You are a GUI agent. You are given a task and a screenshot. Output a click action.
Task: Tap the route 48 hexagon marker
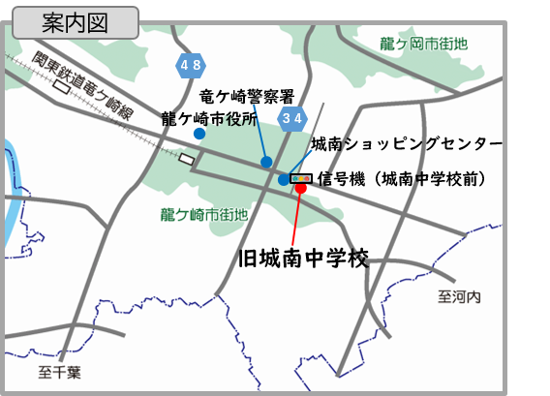click(x=190, y=65)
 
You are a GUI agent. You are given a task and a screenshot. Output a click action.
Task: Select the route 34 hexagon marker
click(x=292, y=118)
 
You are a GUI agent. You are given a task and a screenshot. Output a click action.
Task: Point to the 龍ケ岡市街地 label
click(x=423, y=44)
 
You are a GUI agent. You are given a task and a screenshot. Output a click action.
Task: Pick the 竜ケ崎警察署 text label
click(x=246, y=97)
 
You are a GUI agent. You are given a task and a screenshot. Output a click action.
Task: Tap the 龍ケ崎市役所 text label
click(x=209, y=119)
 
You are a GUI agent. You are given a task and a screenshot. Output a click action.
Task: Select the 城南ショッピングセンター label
click(x=407, y=144)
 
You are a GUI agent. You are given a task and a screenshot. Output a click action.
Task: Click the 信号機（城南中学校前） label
click(x=402, y=178)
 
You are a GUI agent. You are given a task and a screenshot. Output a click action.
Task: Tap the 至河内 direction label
click(x=458, y=296)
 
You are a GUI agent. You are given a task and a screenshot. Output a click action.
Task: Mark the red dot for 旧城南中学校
click(x=300, y=189)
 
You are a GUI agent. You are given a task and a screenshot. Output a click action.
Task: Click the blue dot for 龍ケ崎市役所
click(x=199, y=134)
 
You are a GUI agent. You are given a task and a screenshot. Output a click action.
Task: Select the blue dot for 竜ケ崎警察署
click(x=266, y=161)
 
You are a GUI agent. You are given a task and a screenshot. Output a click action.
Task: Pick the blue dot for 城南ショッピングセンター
click(x=283, y=179)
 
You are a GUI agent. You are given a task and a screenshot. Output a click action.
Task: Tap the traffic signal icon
click(x=301, y=178)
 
